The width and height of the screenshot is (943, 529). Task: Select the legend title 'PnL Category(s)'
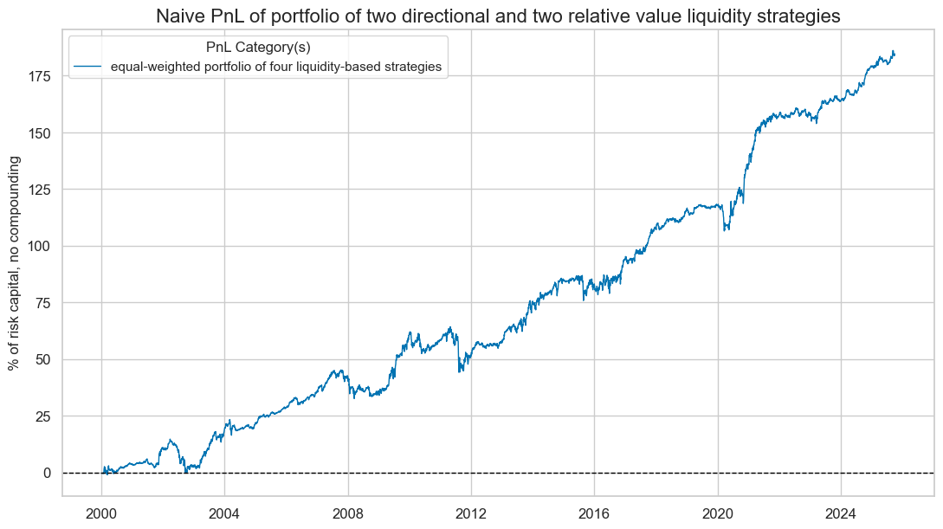258,48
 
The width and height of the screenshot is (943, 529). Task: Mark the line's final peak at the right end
893,51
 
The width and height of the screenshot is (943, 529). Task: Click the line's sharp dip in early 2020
726,229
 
